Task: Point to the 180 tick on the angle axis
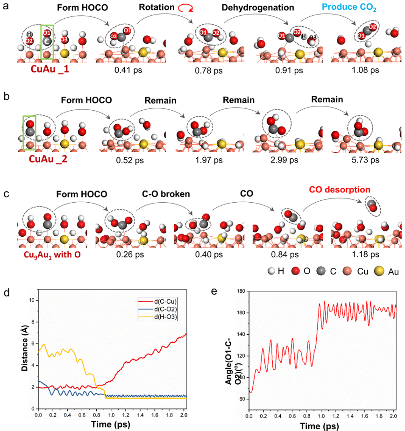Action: (241, 290)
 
